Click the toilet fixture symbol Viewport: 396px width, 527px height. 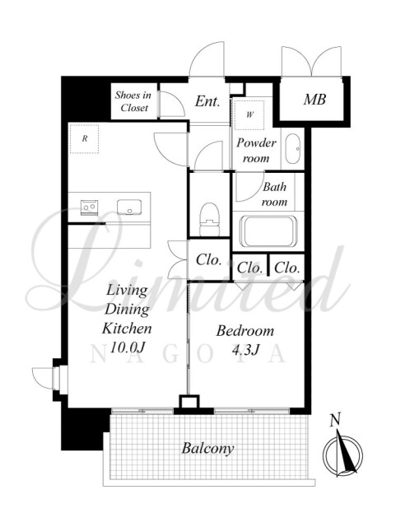coord(209,219)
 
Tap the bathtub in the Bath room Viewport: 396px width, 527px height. coord(268,231)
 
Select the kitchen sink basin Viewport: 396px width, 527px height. coord(129,207)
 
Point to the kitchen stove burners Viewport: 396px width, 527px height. coord(90,207)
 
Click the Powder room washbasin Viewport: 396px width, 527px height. coord(292,149)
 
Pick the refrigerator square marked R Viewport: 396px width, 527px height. coord(84,138)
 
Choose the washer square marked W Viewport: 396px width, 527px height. coord(249,115)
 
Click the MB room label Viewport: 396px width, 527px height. coord(314,100)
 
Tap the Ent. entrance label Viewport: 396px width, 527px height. coord(207,100)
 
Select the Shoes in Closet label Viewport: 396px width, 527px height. coord(133,101)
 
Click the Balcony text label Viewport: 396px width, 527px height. coord(207,449)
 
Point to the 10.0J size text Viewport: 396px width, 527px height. coord(127,347)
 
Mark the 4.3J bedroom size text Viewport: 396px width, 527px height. coord(245,351)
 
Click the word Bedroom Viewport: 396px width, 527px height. coord(245,331)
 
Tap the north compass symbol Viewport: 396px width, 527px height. coord(342,455)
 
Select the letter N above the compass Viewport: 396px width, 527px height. coord(334,420)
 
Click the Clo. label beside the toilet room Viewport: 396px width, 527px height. coord(209,260)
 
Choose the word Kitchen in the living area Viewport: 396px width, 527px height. coord(127,329)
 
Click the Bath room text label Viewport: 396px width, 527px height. coord(275,194)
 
